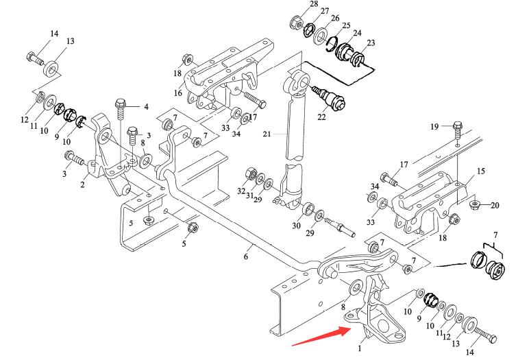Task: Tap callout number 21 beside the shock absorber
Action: (x=267, y=133)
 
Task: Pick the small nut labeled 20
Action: (x=474, y=204)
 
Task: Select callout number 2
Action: (x=82, y=184)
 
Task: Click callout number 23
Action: (x=371, y=43)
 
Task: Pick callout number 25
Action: (x=347, y=26)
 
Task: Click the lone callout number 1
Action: (x=358, y=348)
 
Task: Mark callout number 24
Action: (x=358, y=33)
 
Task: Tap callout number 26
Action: (x=335, y=18)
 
